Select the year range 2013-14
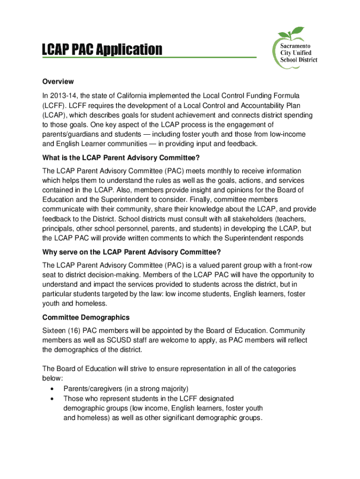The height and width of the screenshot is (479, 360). pos(65,96)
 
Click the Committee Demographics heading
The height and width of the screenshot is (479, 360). pos(86,317)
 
